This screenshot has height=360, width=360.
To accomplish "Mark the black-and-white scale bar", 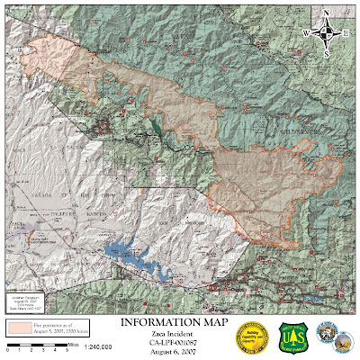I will (36, 345).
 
